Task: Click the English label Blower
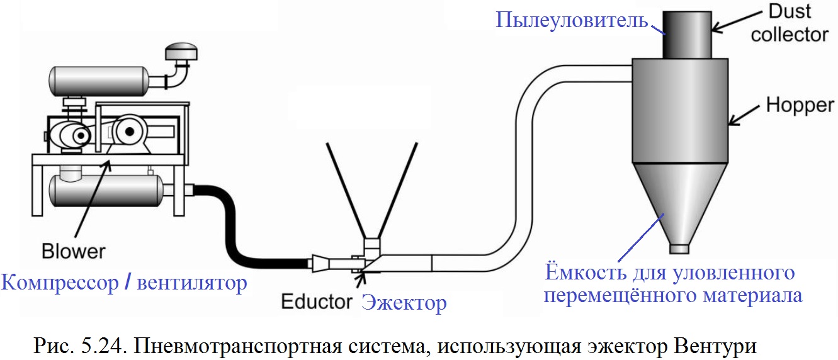74,252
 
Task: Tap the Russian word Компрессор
59,283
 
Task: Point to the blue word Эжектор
404,303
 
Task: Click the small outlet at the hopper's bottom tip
679,249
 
